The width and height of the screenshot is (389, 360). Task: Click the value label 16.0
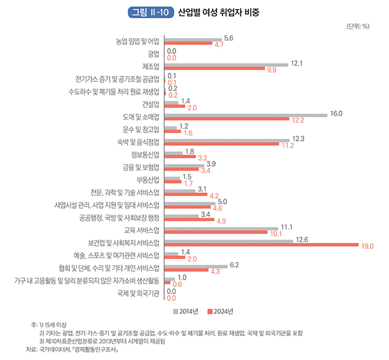coord(336,114)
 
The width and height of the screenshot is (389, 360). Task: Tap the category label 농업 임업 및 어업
coord(137,42)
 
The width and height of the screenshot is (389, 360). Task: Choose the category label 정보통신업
coord(143,154)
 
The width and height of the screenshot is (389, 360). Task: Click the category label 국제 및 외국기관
coord(139,293)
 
